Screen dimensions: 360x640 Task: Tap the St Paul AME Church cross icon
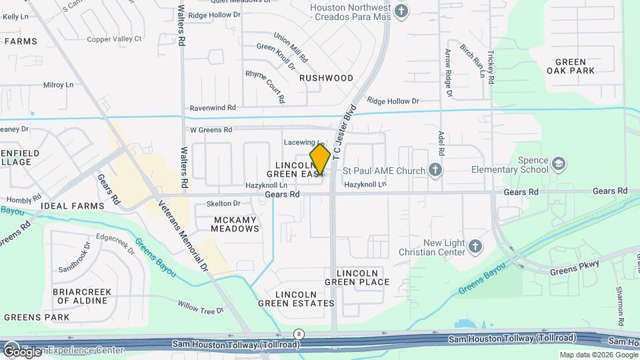435,169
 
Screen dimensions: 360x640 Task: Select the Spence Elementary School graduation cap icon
558,163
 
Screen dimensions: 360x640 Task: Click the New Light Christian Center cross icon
475,247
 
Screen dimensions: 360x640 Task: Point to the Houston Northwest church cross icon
401,11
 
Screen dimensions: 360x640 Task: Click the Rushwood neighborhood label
326,78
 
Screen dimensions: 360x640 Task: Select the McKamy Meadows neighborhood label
235,224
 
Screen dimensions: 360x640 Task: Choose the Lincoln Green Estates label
296,299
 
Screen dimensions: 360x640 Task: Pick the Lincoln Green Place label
363,277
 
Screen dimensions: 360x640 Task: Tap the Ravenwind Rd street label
213,107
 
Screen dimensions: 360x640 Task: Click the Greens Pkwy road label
575,267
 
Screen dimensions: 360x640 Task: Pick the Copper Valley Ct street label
115,39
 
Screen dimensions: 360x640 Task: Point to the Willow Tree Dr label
200,307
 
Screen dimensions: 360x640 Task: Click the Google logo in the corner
23,351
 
